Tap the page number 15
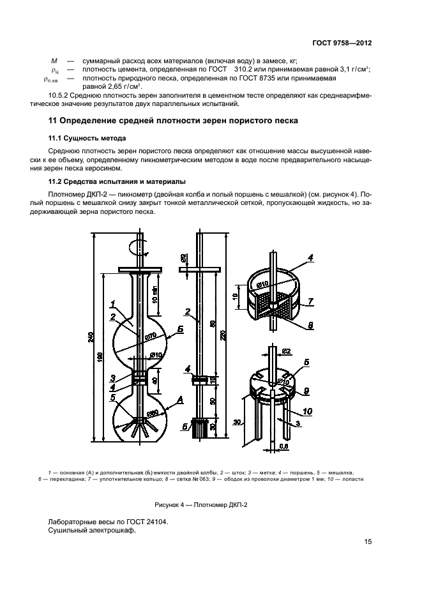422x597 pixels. [x=368, y=542]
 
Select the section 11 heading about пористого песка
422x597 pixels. [x=173, y=121]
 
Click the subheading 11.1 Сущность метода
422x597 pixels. [x=87, y=138]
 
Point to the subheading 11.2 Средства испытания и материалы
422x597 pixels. [x=117, y=181]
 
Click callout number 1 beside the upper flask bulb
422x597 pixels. [x=112, y=304]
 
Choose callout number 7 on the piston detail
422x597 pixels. [x=311, y=300]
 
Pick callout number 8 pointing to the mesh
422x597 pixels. [x=310, y=325]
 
